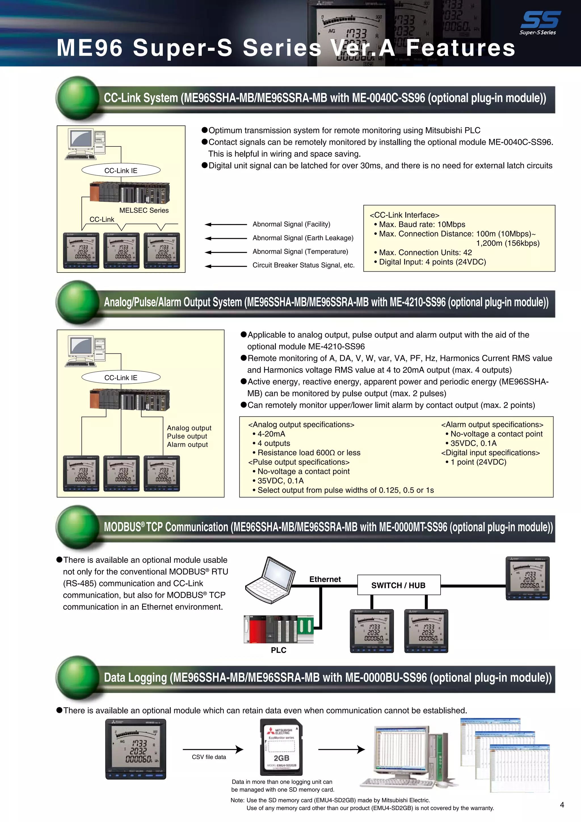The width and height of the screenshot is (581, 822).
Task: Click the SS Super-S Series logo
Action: (x=540, y=22)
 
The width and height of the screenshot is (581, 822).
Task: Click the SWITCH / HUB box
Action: (x=399, y=585)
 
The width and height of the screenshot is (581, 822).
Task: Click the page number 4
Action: (x=562, y=805)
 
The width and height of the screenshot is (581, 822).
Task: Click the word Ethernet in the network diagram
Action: (x=325, y=579)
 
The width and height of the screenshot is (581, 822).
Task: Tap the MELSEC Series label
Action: (x=144, y=210)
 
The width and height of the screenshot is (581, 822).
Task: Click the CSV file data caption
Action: (x=209, y=757)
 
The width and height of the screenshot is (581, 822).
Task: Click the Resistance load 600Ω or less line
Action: (x=309, y=452)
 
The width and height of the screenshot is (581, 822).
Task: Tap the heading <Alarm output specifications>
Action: (x=492, y=425)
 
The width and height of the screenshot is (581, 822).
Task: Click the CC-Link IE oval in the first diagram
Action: (x=121, y=170)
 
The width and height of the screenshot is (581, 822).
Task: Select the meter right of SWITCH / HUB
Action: (x=528, y=578)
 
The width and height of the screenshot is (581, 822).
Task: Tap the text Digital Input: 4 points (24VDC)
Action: (x=432, y=262)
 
